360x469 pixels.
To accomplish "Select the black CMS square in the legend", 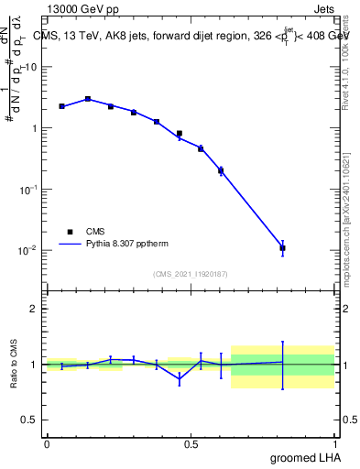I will pyautogui.click(x=70, y=232).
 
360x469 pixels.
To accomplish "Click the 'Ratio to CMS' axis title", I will pyautogui.click(x=14, y=365).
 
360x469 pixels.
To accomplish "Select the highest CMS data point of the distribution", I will pyautogui.click(x=88, y=99).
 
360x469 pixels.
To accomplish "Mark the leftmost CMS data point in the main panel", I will pyautogui.click(x=61, y=106).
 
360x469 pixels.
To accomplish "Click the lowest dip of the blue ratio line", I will pyautogui.click(x=180, y=378).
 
